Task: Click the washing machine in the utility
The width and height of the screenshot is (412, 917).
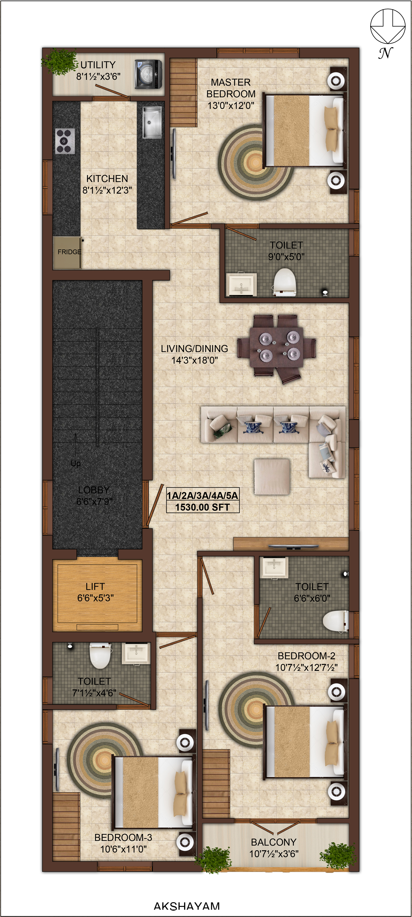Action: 148,74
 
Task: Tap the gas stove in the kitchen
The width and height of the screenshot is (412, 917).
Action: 65,141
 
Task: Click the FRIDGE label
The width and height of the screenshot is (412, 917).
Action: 69,252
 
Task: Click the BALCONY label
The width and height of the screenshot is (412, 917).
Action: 274,842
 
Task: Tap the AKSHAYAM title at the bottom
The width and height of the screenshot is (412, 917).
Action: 187,906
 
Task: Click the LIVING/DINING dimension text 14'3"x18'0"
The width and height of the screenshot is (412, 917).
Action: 195,360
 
